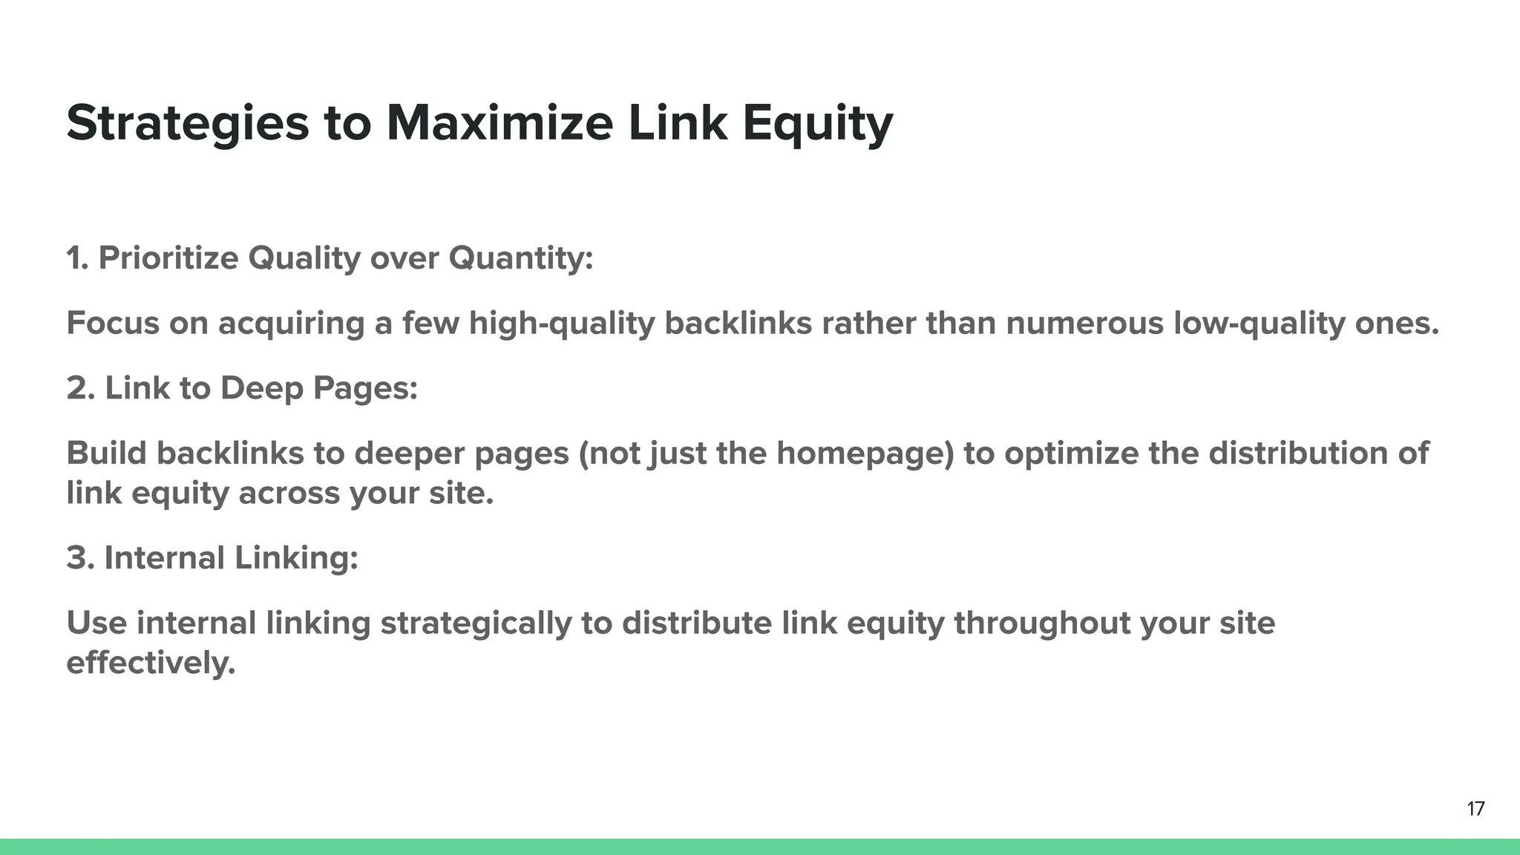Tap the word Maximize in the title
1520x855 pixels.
click(x=499, y=123)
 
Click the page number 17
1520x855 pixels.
click(x=1475, y=809)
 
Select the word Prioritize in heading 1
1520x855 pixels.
click(x=168, y=259)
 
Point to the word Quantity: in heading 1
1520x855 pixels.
click(x=520, y=259)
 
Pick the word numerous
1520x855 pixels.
click(x=1084, y=324)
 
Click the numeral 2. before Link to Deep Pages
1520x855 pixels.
click(x=80, y=388)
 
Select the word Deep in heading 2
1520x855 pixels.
click(x=261, y=388)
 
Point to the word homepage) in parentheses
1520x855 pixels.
click(x=865, y=453)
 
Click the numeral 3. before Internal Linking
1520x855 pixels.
click(x=80, y=558)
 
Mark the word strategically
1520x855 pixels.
click(x=476, y=623)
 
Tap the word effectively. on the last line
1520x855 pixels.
click(x=151, y=663)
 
